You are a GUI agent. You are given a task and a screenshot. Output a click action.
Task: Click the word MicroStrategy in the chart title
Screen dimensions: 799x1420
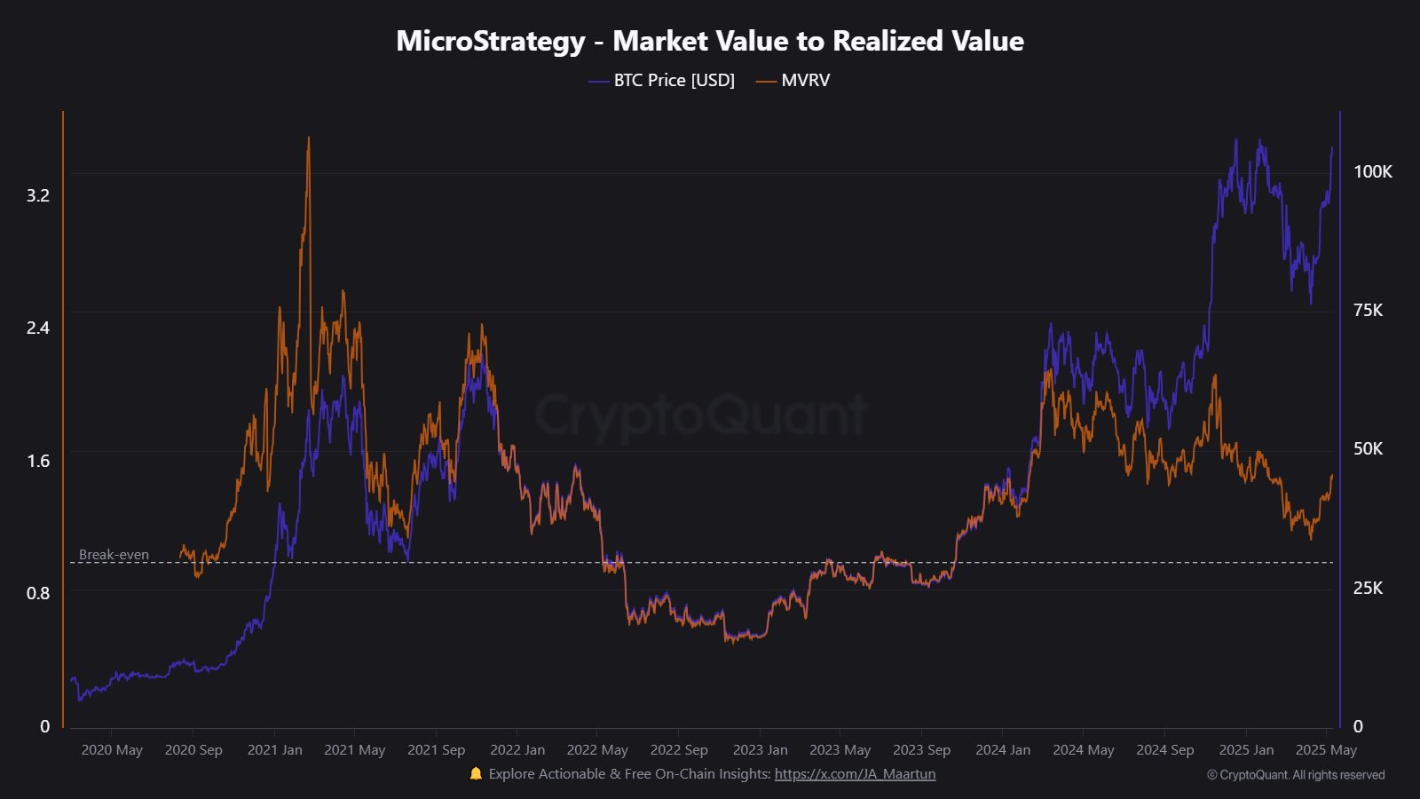[490, 41]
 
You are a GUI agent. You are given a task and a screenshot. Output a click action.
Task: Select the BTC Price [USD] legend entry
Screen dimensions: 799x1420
[674, 81]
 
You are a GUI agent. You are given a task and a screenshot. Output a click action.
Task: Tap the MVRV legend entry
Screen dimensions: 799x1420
[805, 81]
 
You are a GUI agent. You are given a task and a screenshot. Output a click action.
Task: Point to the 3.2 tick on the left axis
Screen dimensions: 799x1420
[38, 195]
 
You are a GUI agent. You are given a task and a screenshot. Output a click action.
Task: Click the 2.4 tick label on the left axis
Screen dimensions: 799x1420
[38, 328]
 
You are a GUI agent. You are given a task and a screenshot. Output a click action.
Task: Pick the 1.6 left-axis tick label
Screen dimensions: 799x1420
[38, 461]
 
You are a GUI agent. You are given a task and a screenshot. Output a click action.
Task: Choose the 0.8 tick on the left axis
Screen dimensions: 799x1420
[38, 593]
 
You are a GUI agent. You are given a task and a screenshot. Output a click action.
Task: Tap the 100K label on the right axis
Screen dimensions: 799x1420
[1372, 172]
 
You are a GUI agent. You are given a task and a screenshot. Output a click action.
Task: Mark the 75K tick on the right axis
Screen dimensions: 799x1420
[1368, 310]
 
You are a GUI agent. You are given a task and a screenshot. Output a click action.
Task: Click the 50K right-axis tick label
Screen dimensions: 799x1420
[1368, 448]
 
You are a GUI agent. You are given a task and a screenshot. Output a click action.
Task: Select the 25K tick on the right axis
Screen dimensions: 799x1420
[1368, 588]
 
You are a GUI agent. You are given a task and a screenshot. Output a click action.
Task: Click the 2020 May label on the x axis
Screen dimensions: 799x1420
[112, 750]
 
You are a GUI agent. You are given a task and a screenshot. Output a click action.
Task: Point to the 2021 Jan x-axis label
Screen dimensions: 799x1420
[274, 750]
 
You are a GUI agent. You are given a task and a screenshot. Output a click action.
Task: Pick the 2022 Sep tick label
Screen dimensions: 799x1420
[679, 750]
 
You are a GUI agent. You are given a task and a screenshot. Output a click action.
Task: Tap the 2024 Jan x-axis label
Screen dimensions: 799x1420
[1003, 750]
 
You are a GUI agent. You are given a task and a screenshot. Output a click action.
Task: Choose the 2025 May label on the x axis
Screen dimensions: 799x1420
[1326, 750]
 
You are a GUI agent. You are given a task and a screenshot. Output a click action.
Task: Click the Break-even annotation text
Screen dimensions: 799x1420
[114, 555]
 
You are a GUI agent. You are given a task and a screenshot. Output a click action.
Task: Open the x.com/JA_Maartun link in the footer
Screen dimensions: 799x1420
[855, 774]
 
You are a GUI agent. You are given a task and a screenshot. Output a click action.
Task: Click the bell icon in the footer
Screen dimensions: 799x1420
[476, 774]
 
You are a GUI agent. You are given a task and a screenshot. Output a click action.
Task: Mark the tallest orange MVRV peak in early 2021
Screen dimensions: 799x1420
[308, 138]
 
